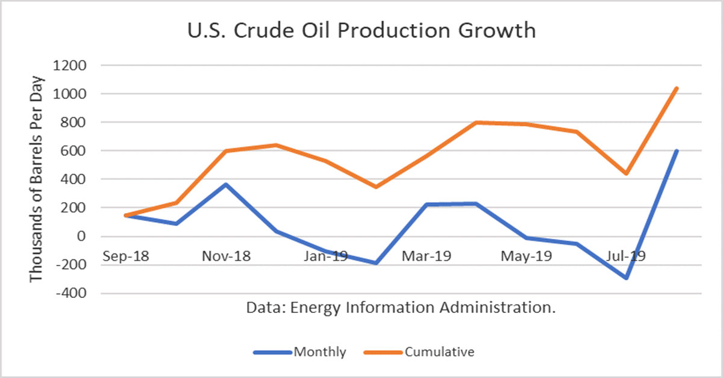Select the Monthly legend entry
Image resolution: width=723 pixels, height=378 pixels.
click(x=320, y=352)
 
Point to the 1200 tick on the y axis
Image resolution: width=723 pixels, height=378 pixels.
click(x=71, y=66)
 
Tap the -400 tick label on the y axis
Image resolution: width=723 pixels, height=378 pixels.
click(x=71, y=293)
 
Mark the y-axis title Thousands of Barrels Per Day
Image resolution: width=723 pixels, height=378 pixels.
click(x=37, y=179)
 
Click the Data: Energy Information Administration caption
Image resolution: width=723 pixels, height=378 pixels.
click(x=400, y=308)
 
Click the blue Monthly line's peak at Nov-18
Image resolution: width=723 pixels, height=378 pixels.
click(x=226, y=184)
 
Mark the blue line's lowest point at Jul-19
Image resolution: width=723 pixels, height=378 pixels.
click(x=627, y=278)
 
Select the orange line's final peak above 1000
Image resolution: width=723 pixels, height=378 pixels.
click(x=677, y=88)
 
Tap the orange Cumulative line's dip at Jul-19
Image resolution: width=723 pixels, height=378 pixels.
click(x=627, y=173)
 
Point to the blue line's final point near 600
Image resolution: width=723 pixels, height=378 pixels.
click(x=677, y=151)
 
